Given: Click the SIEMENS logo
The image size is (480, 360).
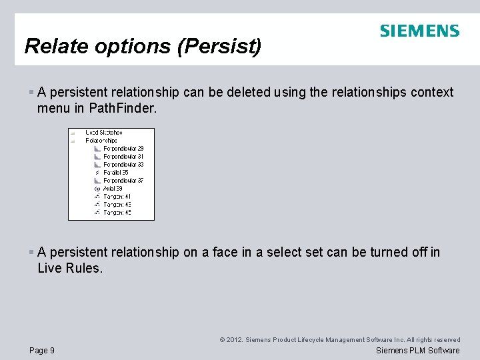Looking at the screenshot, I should pos(419,31).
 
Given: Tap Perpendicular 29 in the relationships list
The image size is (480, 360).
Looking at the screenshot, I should pos(123,149).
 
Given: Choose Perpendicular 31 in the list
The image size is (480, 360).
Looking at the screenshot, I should pos(123,157).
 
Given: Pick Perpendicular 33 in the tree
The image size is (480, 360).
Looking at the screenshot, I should pos(123,165).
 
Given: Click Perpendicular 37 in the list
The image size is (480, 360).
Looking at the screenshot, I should pos(123,181).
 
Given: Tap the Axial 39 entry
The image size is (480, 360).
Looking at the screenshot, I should pos(113,189).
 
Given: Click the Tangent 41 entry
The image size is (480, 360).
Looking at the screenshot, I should pos(117,197).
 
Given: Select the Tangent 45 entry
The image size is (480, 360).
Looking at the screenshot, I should pos(117,213).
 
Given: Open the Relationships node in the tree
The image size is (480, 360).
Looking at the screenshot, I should pos(101,141).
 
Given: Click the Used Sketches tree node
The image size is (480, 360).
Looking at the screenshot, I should pos(103,133).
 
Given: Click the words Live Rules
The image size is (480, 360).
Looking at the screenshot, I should pos(70,267).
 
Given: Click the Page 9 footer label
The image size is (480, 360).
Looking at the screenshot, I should pos(42,351).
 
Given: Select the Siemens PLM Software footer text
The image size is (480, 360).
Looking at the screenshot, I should pos(418,351).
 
